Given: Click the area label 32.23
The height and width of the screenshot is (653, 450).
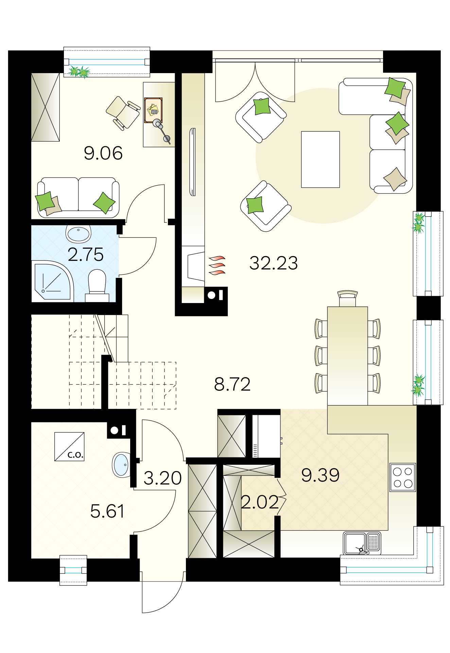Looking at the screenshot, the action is click(x=274, y=263).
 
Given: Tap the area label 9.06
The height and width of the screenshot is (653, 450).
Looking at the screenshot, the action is click(x=103, y=153).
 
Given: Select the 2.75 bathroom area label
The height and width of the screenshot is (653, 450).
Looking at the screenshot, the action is click(x=86, y=254).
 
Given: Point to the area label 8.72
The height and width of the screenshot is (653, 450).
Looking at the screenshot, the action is click(x=232, y=384).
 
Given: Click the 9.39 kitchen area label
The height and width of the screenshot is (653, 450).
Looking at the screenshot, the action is click(x=321, y=475).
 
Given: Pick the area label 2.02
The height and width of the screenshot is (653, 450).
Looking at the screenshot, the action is click(x=260, y=502).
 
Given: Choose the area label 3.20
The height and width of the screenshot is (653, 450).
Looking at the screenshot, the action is click(x=162, y=478).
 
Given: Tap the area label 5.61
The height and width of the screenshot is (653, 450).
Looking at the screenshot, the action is click(x=107, y=511).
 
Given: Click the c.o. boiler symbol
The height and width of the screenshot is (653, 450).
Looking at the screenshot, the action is click(x=69, y=447).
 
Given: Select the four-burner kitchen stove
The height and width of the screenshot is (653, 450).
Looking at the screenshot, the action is click(x=403, y=477).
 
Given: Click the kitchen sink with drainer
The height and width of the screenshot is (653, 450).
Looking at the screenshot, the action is click(x=362, y=543).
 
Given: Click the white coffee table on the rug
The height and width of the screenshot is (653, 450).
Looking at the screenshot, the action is click(x=321, y=160).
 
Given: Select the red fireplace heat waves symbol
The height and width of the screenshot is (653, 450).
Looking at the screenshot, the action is click(x=217, y=265).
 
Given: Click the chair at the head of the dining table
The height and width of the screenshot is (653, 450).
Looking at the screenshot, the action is click(x=347, y=299).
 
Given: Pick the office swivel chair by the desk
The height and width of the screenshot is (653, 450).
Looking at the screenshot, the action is click(x=123, y=113).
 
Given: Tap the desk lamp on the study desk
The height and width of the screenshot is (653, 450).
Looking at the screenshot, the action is click(x=162, y=131).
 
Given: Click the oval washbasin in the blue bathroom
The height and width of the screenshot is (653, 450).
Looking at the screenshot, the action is click(x=79, y=233).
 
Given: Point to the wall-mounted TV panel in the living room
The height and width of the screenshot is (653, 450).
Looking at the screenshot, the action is click(x=193, y=162).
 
